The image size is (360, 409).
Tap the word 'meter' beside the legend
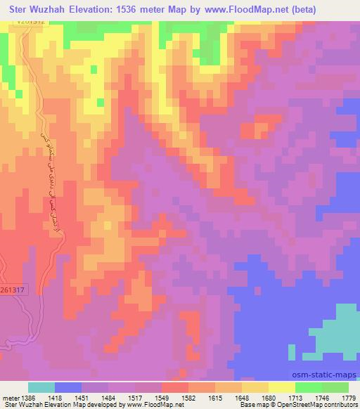[x=9, y=397]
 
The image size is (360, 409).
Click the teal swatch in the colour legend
[x=41, y=387]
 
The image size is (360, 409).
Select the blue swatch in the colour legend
[x=68, y=387]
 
